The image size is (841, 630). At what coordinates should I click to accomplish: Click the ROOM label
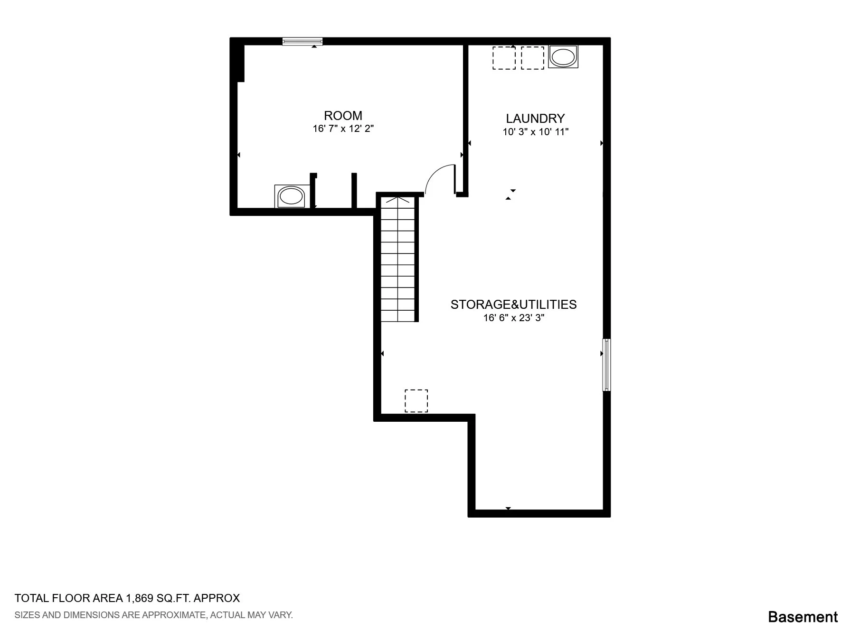click(x=343, y=116)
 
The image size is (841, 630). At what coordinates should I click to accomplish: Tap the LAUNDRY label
click(x=535, y=119)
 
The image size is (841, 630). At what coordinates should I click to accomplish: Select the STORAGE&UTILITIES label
click(x=513, y=305)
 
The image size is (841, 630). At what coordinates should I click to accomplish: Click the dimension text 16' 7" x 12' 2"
click(x=343, y=129)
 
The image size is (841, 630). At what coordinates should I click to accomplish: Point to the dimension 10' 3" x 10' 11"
click(x=536, y=132)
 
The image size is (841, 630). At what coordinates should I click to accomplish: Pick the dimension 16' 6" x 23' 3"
click(x=514, y=318)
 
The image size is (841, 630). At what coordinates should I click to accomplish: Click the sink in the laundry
click(x=563, y=57)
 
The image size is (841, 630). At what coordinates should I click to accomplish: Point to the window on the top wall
click(x=302, y=41)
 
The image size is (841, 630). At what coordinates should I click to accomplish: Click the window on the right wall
click(x=606, y=365)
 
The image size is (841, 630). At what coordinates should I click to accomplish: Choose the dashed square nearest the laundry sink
click(x=532, y=58)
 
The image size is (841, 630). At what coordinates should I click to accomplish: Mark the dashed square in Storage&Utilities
click(x=416, y=401)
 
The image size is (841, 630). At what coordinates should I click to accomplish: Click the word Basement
click(x=803, y=617)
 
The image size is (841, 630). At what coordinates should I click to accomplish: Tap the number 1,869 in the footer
click(x=139, y=598)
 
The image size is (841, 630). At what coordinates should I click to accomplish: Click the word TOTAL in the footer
click(x=32, y=598)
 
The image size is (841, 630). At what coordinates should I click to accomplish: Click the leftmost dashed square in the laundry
click(x=504, y=58)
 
